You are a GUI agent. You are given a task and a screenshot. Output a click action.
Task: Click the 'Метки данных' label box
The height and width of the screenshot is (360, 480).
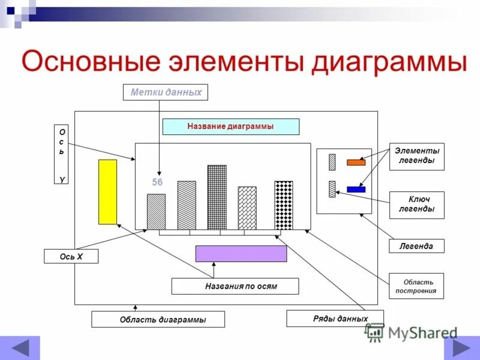pyautogui.click(x=166, y=92)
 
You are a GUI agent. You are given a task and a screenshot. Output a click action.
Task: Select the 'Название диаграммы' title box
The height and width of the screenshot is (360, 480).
pyautogui.click(x=230, y=127)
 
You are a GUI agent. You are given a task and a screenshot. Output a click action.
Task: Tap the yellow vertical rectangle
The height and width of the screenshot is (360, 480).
pyautogui.click(x=107, y=192)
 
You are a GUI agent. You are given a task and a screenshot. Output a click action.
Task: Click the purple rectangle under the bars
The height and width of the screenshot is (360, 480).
pyautogui.click(x=241, y=253)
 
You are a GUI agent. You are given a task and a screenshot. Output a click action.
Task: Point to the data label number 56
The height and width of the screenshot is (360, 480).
pyautogui.click(x=157, y=182)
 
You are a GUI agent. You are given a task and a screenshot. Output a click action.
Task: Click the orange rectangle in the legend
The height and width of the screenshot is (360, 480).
pyautogui.click(x=356, y=162)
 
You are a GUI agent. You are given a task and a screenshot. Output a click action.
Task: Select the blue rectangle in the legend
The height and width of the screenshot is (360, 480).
pyautogui.click(x=356, y=190)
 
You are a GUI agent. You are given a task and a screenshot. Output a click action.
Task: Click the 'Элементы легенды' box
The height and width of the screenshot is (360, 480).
pyautogui.click(x=416, y=156)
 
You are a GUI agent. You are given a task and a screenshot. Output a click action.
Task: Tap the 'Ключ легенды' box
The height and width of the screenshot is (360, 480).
pyautogui.click(x=416, y=205)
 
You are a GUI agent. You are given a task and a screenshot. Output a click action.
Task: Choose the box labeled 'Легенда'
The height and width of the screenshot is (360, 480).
pyautogui.click(x=416, y=246)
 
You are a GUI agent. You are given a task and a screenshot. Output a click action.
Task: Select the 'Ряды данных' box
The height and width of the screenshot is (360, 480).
pyautogui.click(x=335, y=319)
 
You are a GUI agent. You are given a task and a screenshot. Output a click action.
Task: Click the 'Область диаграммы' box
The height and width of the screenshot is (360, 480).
pyautogui.click(x=158, y=319)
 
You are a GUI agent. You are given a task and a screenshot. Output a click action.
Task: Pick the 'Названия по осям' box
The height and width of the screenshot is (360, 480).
pyautogui.click(x=235, y=286)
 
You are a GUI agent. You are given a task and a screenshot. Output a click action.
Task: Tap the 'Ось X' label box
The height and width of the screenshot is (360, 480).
pyautogui.click(x=71, y=257)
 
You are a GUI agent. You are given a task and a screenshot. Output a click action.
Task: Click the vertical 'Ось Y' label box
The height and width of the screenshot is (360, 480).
pyautogui.click(x=61, y=155)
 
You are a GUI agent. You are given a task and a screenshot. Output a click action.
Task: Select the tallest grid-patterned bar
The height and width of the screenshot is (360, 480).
pyautogui.click(x=217, y=197)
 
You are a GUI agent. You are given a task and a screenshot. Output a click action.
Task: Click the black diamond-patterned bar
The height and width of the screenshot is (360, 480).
pyautogui.click(x=283, y=205)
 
